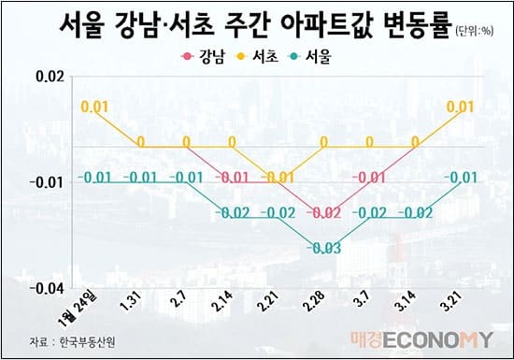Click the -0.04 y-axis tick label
[x=48, y=289]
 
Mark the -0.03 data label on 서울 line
[x=324, y=247]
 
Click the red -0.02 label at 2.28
[x=323, y=213]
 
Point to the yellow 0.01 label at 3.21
[x=460, y=108]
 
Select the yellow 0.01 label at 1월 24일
[x=94, y=108]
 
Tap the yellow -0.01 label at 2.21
[x=278, y=178]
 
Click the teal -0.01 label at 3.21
[x=460, y=178]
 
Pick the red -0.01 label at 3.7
[x=368, y=178]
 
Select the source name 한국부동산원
[x=88, y=340]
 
